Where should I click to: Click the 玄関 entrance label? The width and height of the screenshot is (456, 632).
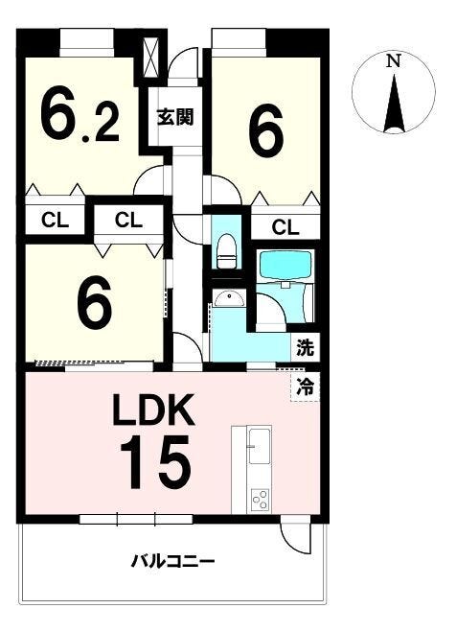[x=175, y=117]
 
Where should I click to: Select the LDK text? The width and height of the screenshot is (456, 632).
[x=154, y=410]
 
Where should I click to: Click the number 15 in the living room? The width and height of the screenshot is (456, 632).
[x=155, y=462]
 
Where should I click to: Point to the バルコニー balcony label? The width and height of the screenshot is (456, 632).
[x=173, y=561]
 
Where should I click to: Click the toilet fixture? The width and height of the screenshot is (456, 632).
[x=226, y=251]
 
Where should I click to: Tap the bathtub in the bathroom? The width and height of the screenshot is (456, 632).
[x=285, y=266]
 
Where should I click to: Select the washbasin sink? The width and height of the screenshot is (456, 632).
[x=229, y=298]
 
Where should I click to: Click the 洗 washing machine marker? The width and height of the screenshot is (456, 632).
[x=305, y=347]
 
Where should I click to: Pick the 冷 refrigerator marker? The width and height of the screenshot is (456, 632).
[x=305, y=387]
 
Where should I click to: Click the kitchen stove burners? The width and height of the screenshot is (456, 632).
[x=260, y=500]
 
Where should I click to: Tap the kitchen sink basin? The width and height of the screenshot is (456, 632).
[x=260, y=446]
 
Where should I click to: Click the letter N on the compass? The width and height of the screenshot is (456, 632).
[x=393, y=61]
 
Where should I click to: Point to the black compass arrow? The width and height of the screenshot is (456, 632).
[x=394, y=104]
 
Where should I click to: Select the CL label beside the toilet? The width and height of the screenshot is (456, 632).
[x=285, y=227]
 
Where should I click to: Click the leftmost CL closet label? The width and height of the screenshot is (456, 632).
[x=56, y=220]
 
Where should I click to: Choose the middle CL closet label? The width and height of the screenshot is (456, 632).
[x=128, y=220]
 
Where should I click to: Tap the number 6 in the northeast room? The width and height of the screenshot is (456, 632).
[x=266, y=131]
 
